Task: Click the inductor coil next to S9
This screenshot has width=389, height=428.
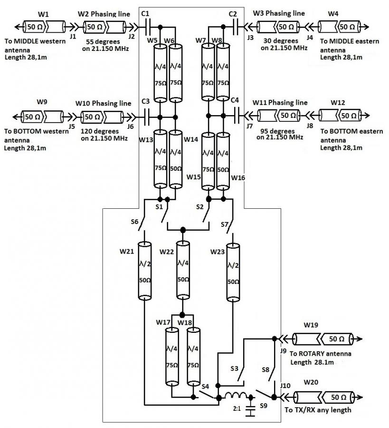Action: (x=236, y=396)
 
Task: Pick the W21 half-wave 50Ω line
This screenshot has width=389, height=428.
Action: (x=144, y=271)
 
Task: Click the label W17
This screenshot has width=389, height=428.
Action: (x=163, y=322)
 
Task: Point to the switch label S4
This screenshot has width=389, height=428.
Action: (x=205, y=386)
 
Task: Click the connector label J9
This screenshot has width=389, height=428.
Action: (x=283, y=350)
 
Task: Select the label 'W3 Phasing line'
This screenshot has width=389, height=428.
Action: (x=279, y=13)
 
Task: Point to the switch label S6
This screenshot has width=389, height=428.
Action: (x=134, y=221)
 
